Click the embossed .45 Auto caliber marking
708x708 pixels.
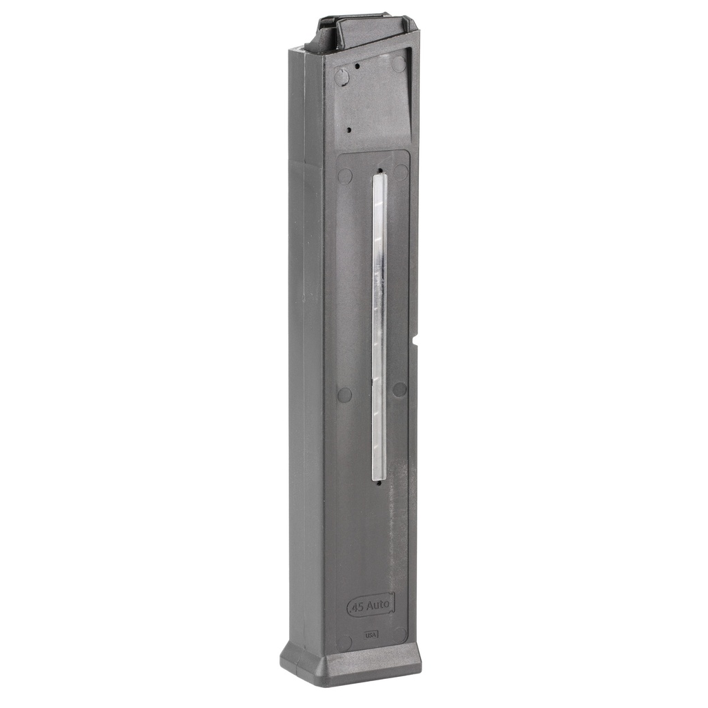coord(370,605)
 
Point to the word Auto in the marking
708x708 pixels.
coord(379,605)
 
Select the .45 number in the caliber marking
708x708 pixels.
coord(357,606)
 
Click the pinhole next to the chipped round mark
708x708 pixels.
coord(357,66)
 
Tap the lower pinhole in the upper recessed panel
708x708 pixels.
coord(349,130)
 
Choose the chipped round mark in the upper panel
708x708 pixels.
coord(342,75)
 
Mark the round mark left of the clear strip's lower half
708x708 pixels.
coord(344,395)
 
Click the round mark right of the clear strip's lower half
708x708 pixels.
coord(400,389)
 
